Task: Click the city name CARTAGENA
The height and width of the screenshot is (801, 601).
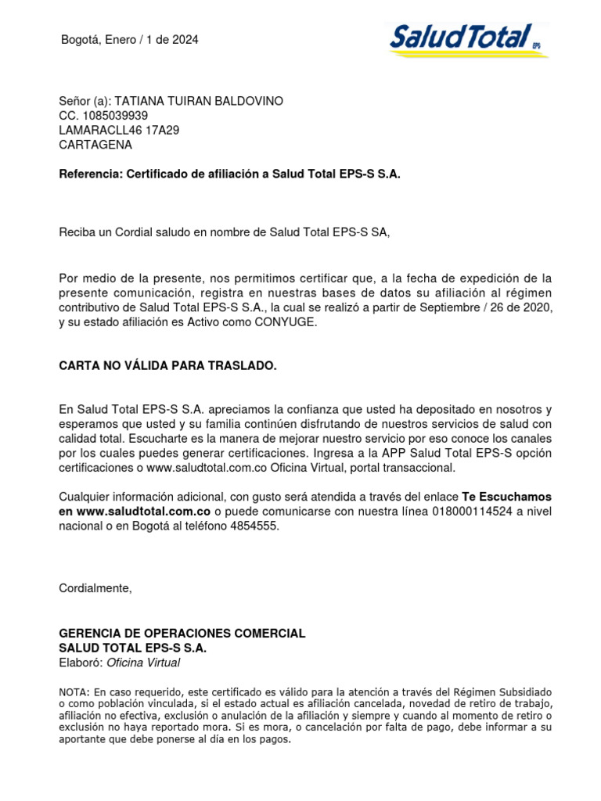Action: [x=95, y=145]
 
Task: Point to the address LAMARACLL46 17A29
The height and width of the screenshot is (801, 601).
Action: [x=119, y=131]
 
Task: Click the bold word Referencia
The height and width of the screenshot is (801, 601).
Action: [x=88, y=174]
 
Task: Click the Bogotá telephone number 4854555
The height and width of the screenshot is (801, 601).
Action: [x=256, y=526]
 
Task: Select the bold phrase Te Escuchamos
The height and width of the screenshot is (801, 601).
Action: [x=506, y=497]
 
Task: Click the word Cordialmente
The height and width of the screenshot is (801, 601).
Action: [x=95, y=588]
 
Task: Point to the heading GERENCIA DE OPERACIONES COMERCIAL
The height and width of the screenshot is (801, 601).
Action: [x=182, y=633]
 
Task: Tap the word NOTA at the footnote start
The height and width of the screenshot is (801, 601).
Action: [x=74, y=692]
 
